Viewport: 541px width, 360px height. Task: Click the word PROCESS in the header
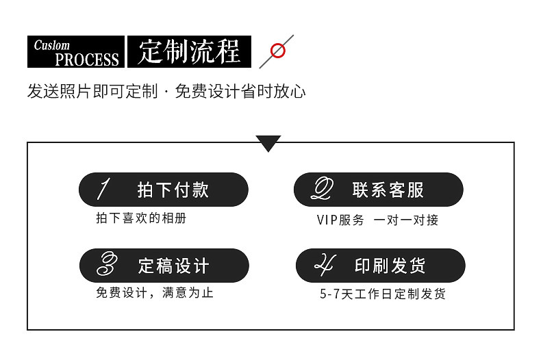click(87, 60)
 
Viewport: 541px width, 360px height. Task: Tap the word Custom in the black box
click(52, 45)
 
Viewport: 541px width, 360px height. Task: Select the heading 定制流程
click(189, 52)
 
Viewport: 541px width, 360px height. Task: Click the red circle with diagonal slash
click(277, 51)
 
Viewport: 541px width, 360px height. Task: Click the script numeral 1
click(103, 189)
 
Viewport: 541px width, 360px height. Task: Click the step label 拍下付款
click(173, 190)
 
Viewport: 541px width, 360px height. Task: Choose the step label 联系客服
click(388, 190)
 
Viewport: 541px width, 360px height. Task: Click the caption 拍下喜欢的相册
click(141, 219)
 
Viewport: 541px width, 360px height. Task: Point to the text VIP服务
click(340, 220)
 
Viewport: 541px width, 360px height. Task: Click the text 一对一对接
click(406, 220)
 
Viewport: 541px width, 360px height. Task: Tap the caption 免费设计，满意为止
click(155, 293)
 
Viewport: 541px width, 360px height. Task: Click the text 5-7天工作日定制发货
click(383, 294)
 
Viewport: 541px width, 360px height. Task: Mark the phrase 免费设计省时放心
click(240, 92)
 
